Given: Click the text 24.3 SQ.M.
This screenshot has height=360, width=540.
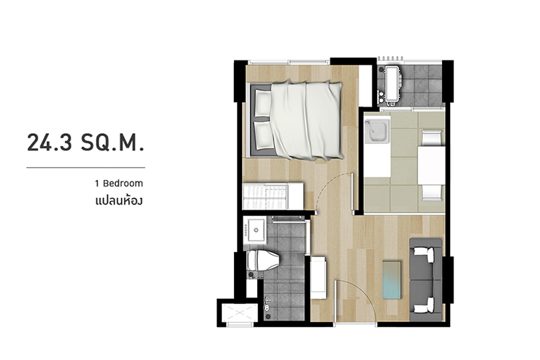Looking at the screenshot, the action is pos(86,143).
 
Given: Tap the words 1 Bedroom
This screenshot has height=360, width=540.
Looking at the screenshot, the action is pos(119,184).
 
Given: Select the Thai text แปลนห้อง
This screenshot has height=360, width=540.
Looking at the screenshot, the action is pos(119,200).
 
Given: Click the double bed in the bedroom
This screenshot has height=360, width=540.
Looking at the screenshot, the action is pos(296,120).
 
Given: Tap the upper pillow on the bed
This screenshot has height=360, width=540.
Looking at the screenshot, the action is pos(263,103).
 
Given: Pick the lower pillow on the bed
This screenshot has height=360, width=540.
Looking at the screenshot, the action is pos(264,136).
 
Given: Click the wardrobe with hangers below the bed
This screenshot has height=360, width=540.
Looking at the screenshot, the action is pos(273,196).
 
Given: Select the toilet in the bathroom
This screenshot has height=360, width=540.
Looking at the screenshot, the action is pos(263,261).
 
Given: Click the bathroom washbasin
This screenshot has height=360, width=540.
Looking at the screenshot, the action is pos(255,230).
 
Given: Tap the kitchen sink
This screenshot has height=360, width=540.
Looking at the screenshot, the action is pos(377,131).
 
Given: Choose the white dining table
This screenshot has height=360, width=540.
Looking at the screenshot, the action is pos(431,166).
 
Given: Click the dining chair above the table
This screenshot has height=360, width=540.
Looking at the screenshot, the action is pos(432,138).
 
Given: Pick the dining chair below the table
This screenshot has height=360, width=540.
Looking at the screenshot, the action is pos(432,192).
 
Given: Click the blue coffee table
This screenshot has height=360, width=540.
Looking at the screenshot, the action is pos(392,280).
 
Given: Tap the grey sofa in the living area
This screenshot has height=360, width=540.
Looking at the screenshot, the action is pos(426,280).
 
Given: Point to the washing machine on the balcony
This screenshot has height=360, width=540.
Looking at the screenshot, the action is pos(393,85).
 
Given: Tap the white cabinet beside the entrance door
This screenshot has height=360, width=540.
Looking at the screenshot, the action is pos(318,277).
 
